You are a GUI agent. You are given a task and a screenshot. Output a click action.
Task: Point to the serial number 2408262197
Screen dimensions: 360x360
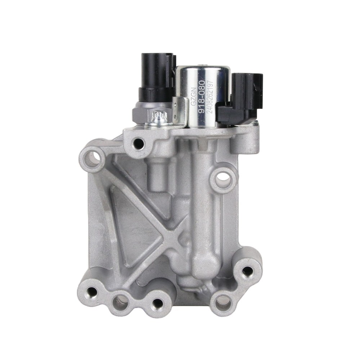(x=210, y=97)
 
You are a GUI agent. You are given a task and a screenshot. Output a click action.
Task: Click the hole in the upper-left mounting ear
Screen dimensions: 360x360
(x=94, y=159)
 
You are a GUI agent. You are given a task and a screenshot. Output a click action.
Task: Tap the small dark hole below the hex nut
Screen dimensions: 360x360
(x=139, y=144)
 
